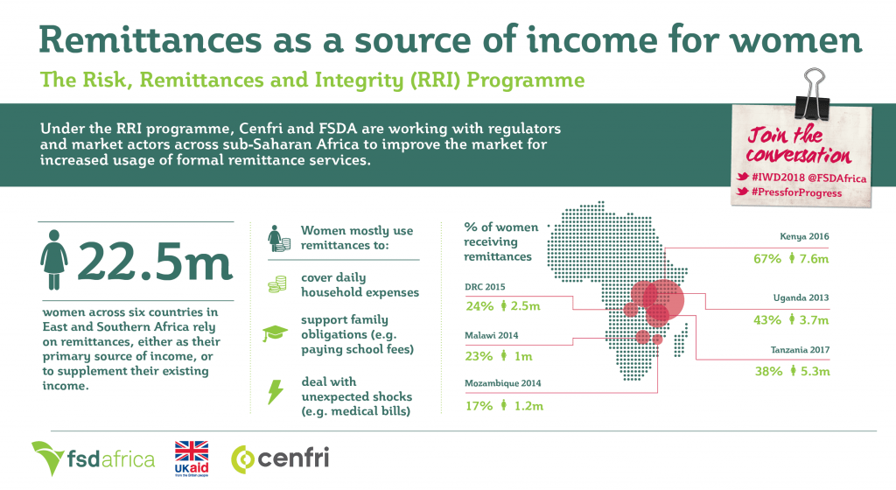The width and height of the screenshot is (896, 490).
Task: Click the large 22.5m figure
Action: [154, 261]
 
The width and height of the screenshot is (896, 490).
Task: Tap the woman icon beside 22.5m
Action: [53, 260]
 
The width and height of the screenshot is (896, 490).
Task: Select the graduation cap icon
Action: [275, 333]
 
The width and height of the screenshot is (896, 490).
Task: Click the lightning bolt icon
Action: [276, 392]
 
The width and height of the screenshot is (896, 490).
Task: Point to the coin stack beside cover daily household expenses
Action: [277, 284]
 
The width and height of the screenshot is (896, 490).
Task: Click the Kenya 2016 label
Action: [804, 236]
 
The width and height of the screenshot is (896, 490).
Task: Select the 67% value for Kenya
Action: [766, 259]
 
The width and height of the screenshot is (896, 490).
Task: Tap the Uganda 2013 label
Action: [801, 297]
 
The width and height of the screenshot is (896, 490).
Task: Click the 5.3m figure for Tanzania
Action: [815, 371]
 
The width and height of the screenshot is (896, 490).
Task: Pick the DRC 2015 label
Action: [485, 287]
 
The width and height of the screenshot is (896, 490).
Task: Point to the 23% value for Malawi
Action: [479, 356]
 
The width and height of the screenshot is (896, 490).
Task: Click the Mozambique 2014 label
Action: [503, 383]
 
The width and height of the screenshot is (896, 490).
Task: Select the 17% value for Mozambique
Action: [479, 406]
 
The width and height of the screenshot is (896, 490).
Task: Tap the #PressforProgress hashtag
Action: [796, 192]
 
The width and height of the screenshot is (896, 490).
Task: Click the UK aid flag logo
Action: [192, 458]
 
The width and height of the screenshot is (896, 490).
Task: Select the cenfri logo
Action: [280, 458]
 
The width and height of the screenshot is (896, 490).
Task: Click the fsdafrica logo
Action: [93, 458]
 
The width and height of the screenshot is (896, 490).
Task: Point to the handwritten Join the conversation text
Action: [798, 145]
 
